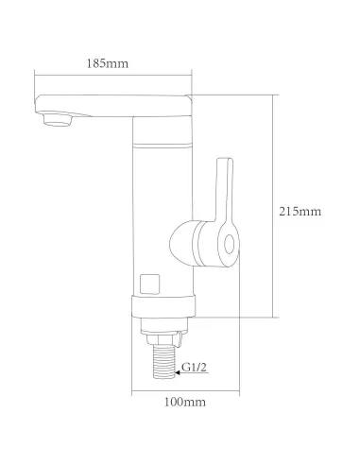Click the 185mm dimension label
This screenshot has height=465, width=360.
(108, 63)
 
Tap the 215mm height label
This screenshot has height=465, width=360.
(300, 211)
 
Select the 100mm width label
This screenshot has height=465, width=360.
(185, 402)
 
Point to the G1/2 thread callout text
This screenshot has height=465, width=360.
(195, 368)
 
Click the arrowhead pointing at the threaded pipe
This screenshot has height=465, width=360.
(178, 372)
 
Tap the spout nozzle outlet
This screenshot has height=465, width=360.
(58, 120)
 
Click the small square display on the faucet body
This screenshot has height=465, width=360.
(149, 284)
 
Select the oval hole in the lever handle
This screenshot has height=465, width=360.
(229, 245)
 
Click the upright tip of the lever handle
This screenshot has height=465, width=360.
(225, 162)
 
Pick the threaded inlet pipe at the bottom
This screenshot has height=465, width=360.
(163, 361)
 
